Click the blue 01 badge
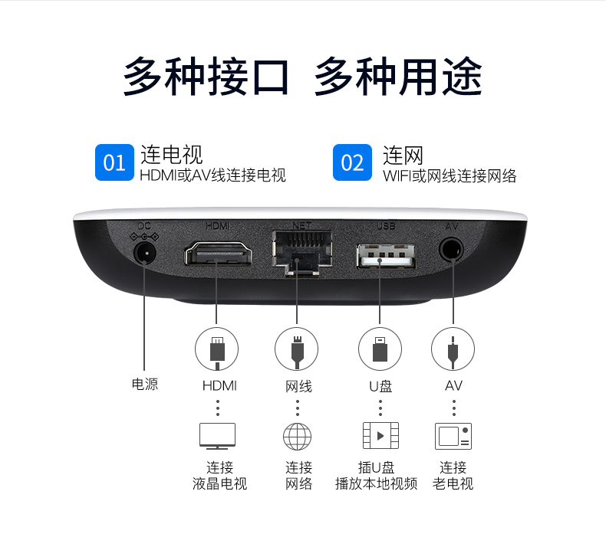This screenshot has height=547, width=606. pos(114,162)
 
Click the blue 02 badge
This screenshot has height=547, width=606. pos(352,162)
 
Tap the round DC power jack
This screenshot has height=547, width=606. pos(145,253)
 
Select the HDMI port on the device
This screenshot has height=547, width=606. pos(219,253)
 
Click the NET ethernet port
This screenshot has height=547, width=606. pos(302,252)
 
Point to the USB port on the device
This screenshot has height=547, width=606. pos(386,256)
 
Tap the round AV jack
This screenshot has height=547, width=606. pos(451,249)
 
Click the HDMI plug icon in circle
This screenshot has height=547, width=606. pos(217,349)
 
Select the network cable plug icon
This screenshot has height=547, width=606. pos(296,349)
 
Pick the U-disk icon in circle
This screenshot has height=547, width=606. pos(380,349)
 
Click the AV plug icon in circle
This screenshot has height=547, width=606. pos(453,349)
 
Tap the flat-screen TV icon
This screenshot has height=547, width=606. pos(217,436)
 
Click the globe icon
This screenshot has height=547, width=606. pos(297,437)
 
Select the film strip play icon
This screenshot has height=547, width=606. pos(380,436)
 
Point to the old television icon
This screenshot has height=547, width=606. pos(453,436)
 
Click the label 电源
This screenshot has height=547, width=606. pos(145,384)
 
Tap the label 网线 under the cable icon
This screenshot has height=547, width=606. pos(298,386)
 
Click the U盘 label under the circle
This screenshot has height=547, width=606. pos(380,386)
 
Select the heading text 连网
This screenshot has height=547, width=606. pos(403,156)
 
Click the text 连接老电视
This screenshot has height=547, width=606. pos(453,475)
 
